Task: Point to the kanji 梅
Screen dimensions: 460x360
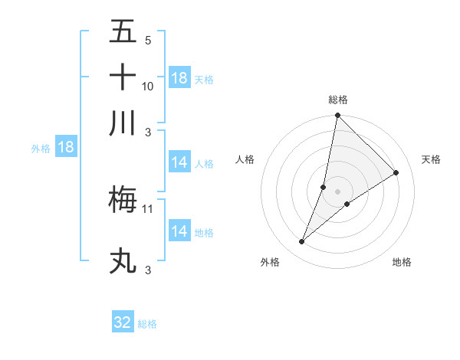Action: [x=123, y=199]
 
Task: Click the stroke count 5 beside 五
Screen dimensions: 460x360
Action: [x=148, y=40]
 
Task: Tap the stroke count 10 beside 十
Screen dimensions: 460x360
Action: [x=148, y=86]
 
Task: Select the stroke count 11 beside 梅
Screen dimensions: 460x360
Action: [x=148, y=208]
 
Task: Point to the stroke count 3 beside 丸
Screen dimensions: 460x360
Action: [x=148, y=270]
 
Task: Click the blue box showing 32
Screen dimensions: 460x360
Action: [x=123, y=322]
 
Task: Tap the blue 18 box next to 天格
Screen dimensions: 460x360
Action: [x=179, y=78]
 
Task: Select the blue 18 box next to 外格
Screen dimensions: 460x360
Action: [x=66, y=148]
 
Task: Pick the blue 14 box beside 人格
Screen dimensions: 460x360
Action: [x=179, y=162]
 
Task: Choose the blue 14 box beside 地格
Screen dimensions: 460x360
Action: [x=179, y=231]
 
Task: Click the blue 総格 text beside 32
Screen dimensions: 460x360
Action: [x=147, y=324]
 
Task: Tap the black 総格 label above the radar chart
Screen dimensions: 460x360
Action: [x=338, y=100]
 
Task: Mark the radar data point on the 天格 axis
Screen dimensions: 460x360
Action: [x=396, y=172]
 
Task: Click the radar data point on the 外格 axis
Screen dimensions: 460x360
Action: [x=302, y=242]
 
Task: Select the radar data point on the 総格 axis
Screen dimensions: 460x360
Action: [x=338, y=116]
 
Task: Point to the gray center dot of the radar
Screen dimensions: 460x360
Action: [x=338, y=191]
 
